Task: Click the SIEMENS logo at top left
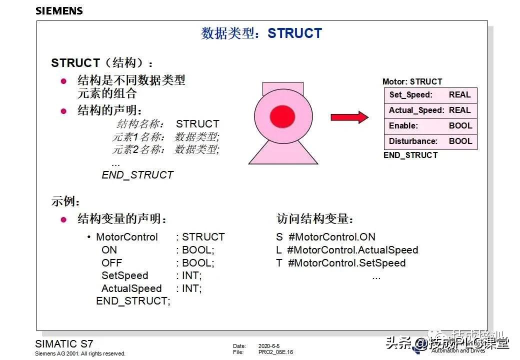coord(59,10)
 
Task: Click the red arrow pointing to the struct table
coord(349,117)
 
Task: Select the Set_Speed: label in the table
coord(410,94)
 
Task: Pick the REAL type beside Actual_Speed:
coord(459,110)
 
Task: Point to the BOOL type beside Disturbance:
coord(460,141)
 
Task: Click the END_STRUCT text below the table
coord(410,155)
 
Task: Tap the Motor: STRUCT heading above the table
coord(412,81)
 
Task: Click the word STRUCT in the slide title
coord(294,33)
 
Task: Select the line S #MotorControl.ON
coord(325,237)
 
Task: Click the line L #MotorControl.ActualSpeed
coord(347,250)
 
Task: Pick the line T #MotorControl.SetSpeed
coord(341,263)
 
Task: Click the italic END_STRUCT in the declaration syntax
coord(137,175)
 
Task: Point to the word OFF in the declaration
coord(111,263)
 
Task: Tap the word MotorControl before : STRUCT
coord(126,237)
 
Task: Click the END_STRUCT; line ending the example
coord(133,301)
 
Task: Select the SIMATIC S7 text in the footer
coord(63,344)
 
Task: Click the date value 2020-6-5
coord(269,346)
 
